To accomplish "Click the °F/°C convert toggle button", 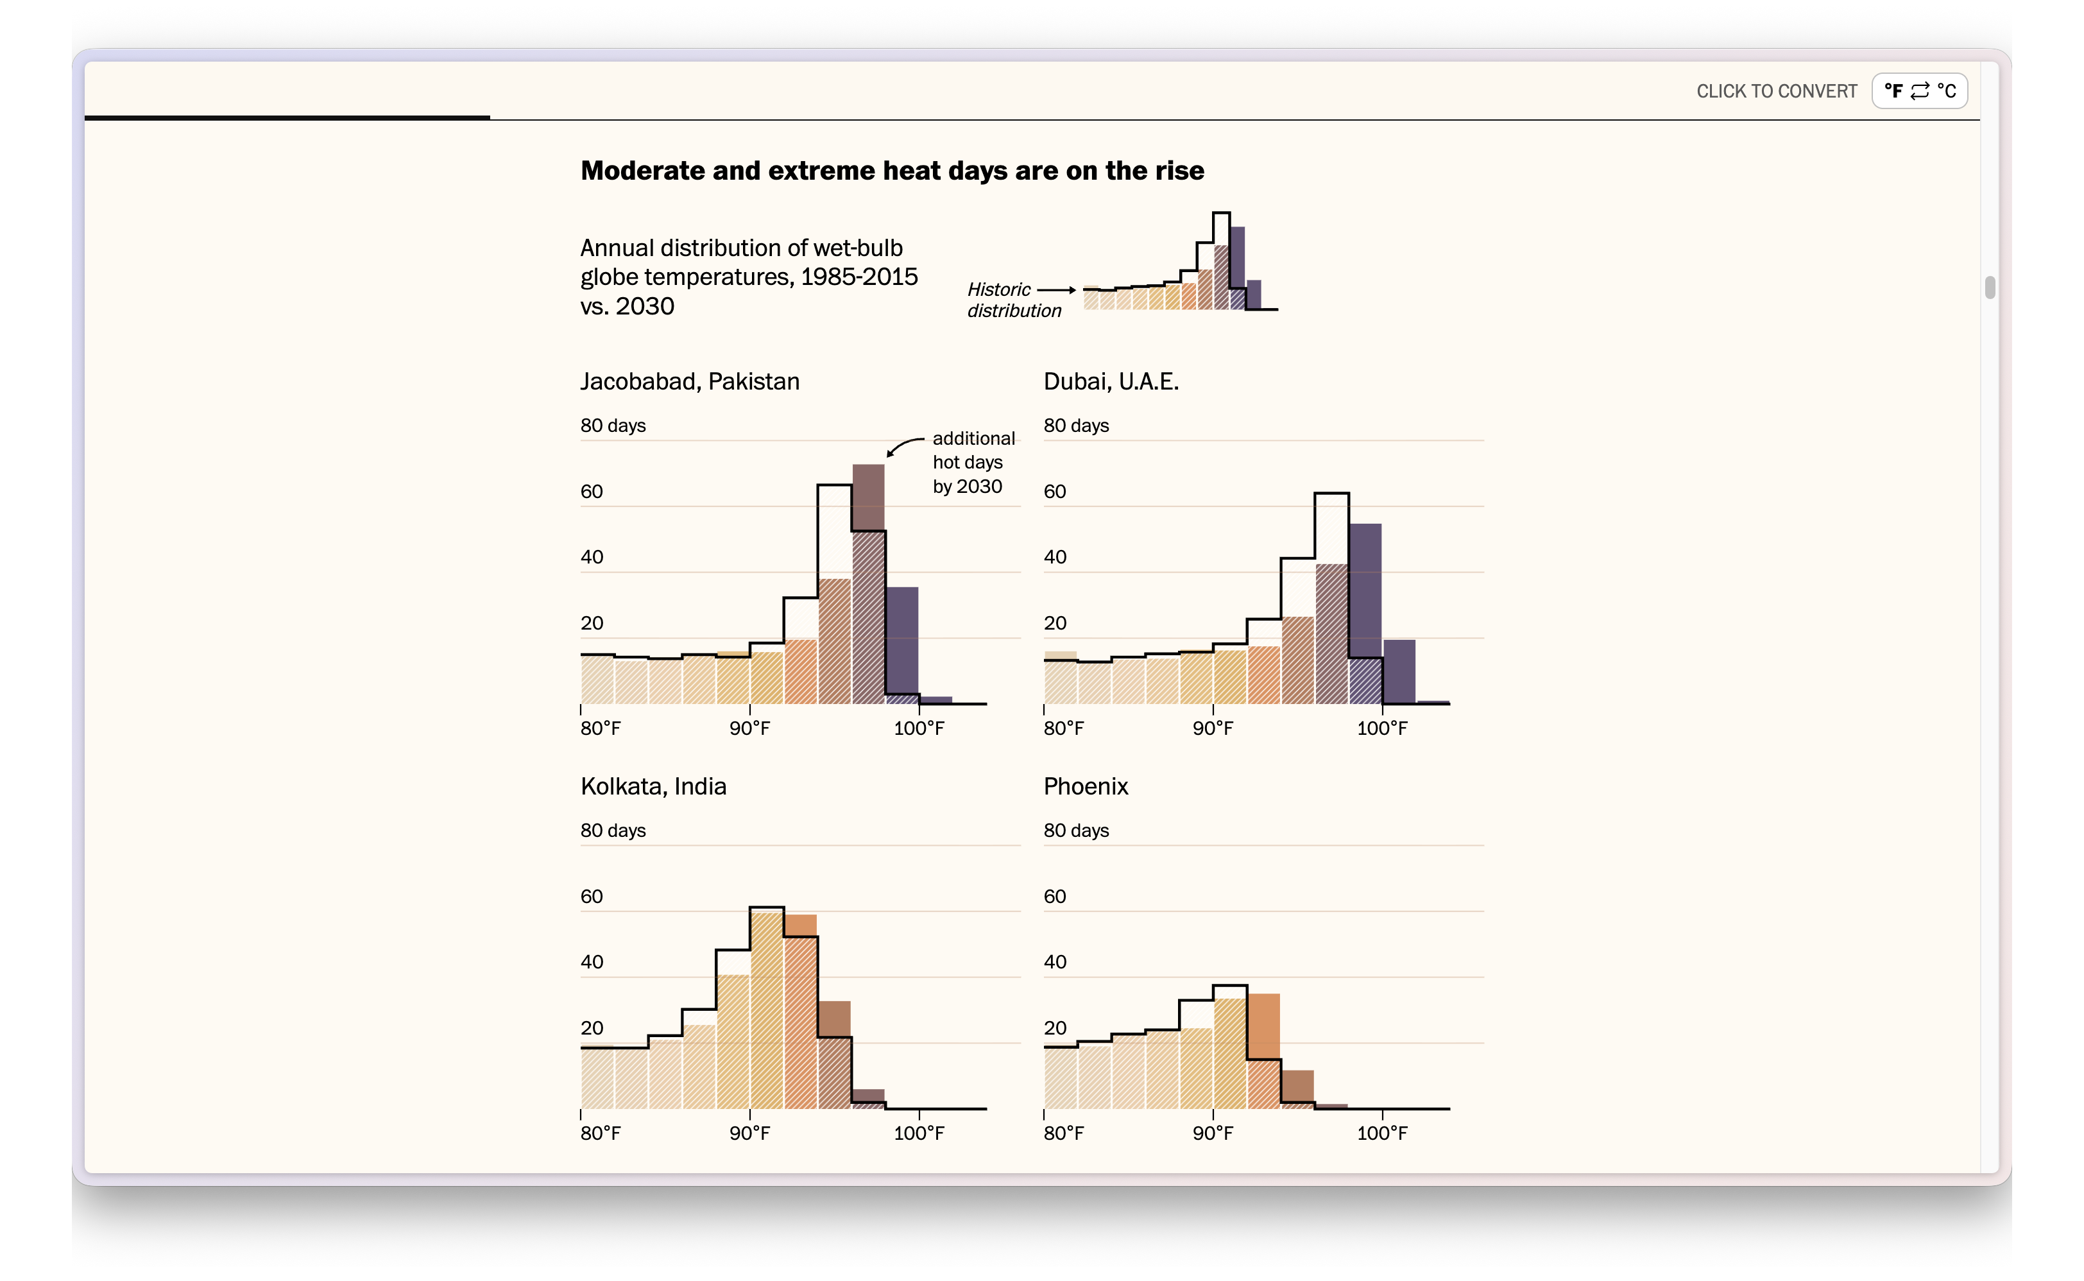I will (1919, 90).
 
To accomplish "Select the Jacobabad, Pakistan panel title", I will (689, 381).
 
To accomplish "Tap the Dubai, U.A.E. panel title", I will (1110, 381).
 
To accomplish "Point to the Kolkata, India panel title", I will (653, 786).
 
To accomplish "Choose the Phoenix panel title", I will (1086, 786).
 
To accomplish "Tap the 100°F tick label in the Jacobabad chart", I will (919, 728).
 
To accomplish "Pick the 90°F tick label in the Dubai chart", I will (1213, 728).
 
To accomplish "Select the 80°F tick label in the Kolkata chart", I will (601, 1133).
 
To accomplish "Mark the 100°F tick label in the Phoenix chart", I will (1382, 1133).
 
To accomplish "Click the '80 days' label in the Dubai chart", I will (1075, 426).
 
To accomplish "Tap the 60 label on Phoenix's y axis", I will (1054, 897).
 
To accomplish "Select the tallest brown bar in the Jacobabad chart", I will (868, 585).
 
